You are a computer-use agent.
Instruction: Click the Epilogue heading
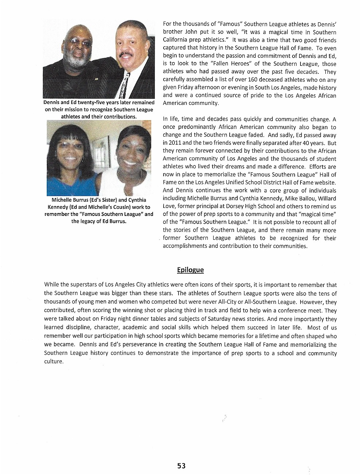(x=190, y=270)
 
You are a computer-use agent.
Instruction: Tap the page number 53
(x=181, y=465)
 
